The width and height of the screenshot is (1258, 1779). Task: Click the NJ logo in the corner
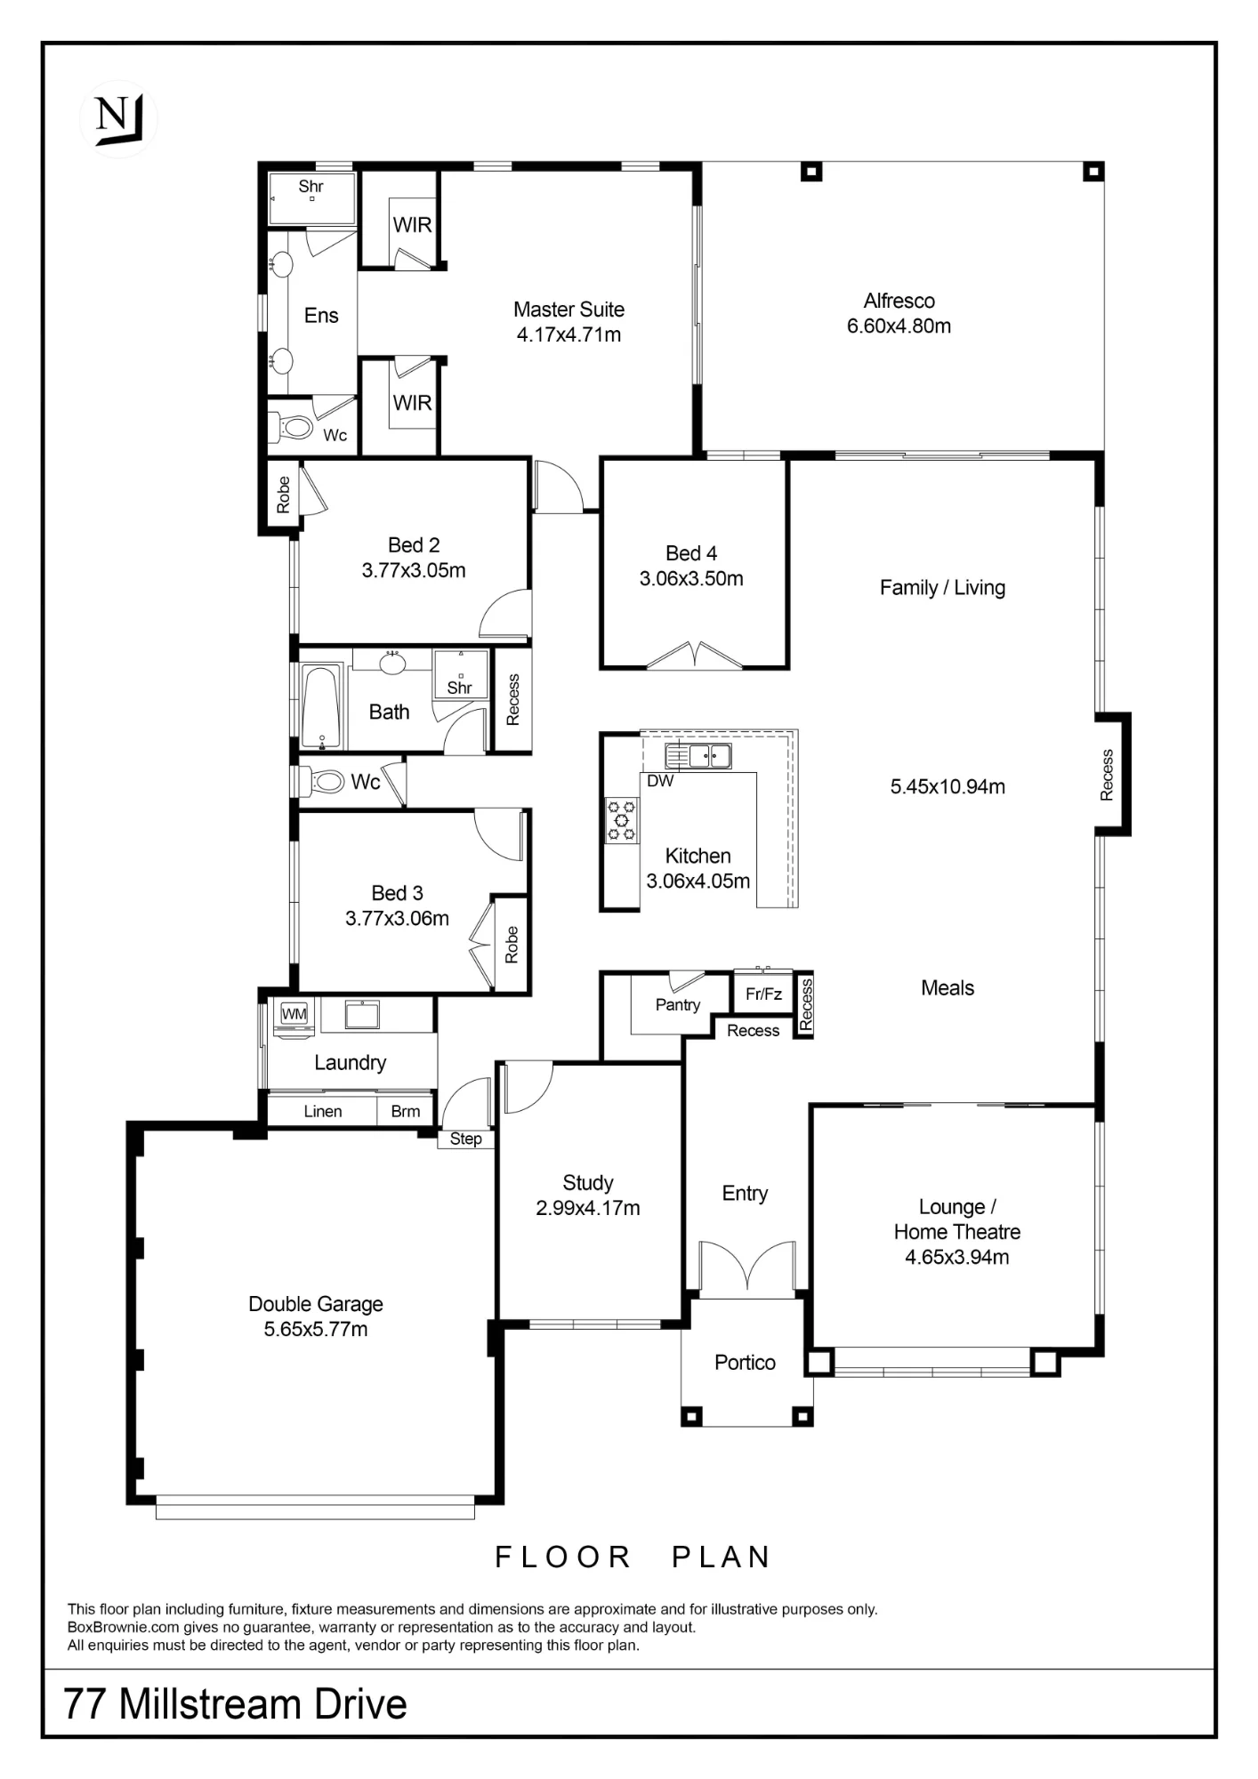(119, 119)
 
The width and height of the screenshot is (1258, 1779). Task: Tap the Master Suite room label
(569, 310)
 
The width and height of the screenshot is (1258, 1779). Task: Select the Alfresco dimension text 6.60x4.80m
(899, 326)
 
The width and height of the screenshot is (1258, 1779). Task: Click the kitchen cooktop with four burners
(621, 820)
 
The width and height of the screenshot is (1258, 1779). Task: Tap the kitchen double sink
(698, 756)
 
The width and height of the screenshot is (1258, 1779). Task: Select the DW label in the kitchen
(660, 781)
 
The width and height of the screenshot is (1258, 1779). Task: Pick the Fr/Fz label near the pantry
(763, 994)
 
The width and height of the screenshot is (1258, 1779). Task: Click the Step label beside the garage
(465, 1139)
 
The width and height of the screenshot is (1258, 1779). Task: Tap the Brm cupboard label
(406, 1111)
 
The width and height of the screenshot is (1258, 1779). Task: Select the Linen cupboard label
(322, 1111)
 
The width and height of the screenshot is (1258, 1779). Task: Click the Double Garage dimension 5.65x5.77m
(316, 1329)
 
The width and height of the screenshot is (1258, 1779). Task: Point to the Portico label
(745, 1363)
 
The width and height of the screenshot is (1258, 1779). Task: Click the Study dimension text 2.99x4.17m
(588, 1208)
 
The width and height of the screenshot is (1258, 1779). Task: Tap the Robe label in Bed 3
(512, 945)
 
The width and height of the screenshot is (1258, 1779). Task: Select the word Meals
(948, 988)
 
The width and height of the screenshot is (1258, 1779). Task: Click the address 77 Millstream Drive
(236, 1704)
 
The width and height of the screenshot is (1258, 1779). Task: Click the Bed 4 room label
(691, 553)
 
